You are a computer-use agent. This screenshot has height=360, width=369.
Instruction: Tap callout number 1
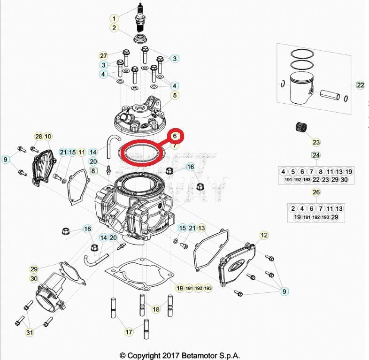click(x=114, y=18)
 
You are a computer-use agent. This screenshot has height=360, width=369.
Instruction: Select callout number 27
click(x=104, y=55)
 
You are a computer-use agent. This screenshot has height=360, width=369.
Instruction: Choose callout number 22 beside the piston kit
click(x=360, y=85)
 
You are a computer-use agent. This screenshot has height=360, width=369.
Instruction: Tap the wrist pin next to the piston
click(x=331, y=95)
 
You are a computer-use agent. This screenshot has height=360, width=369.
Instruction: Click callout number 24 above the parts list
click(x=316, y=155)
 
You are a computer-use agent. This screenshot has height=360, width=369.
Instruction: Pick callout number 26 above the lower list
click(x=316, y=192)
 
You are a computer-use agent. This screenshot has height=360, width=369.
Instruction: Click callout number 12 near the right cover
click(x=264, y=235)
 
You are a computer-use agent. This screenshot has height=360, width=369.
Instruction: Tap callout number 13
click(x=201, y=228)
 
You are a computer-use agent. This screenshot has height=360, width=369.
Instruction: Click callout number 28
click(x=38, y=137)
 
